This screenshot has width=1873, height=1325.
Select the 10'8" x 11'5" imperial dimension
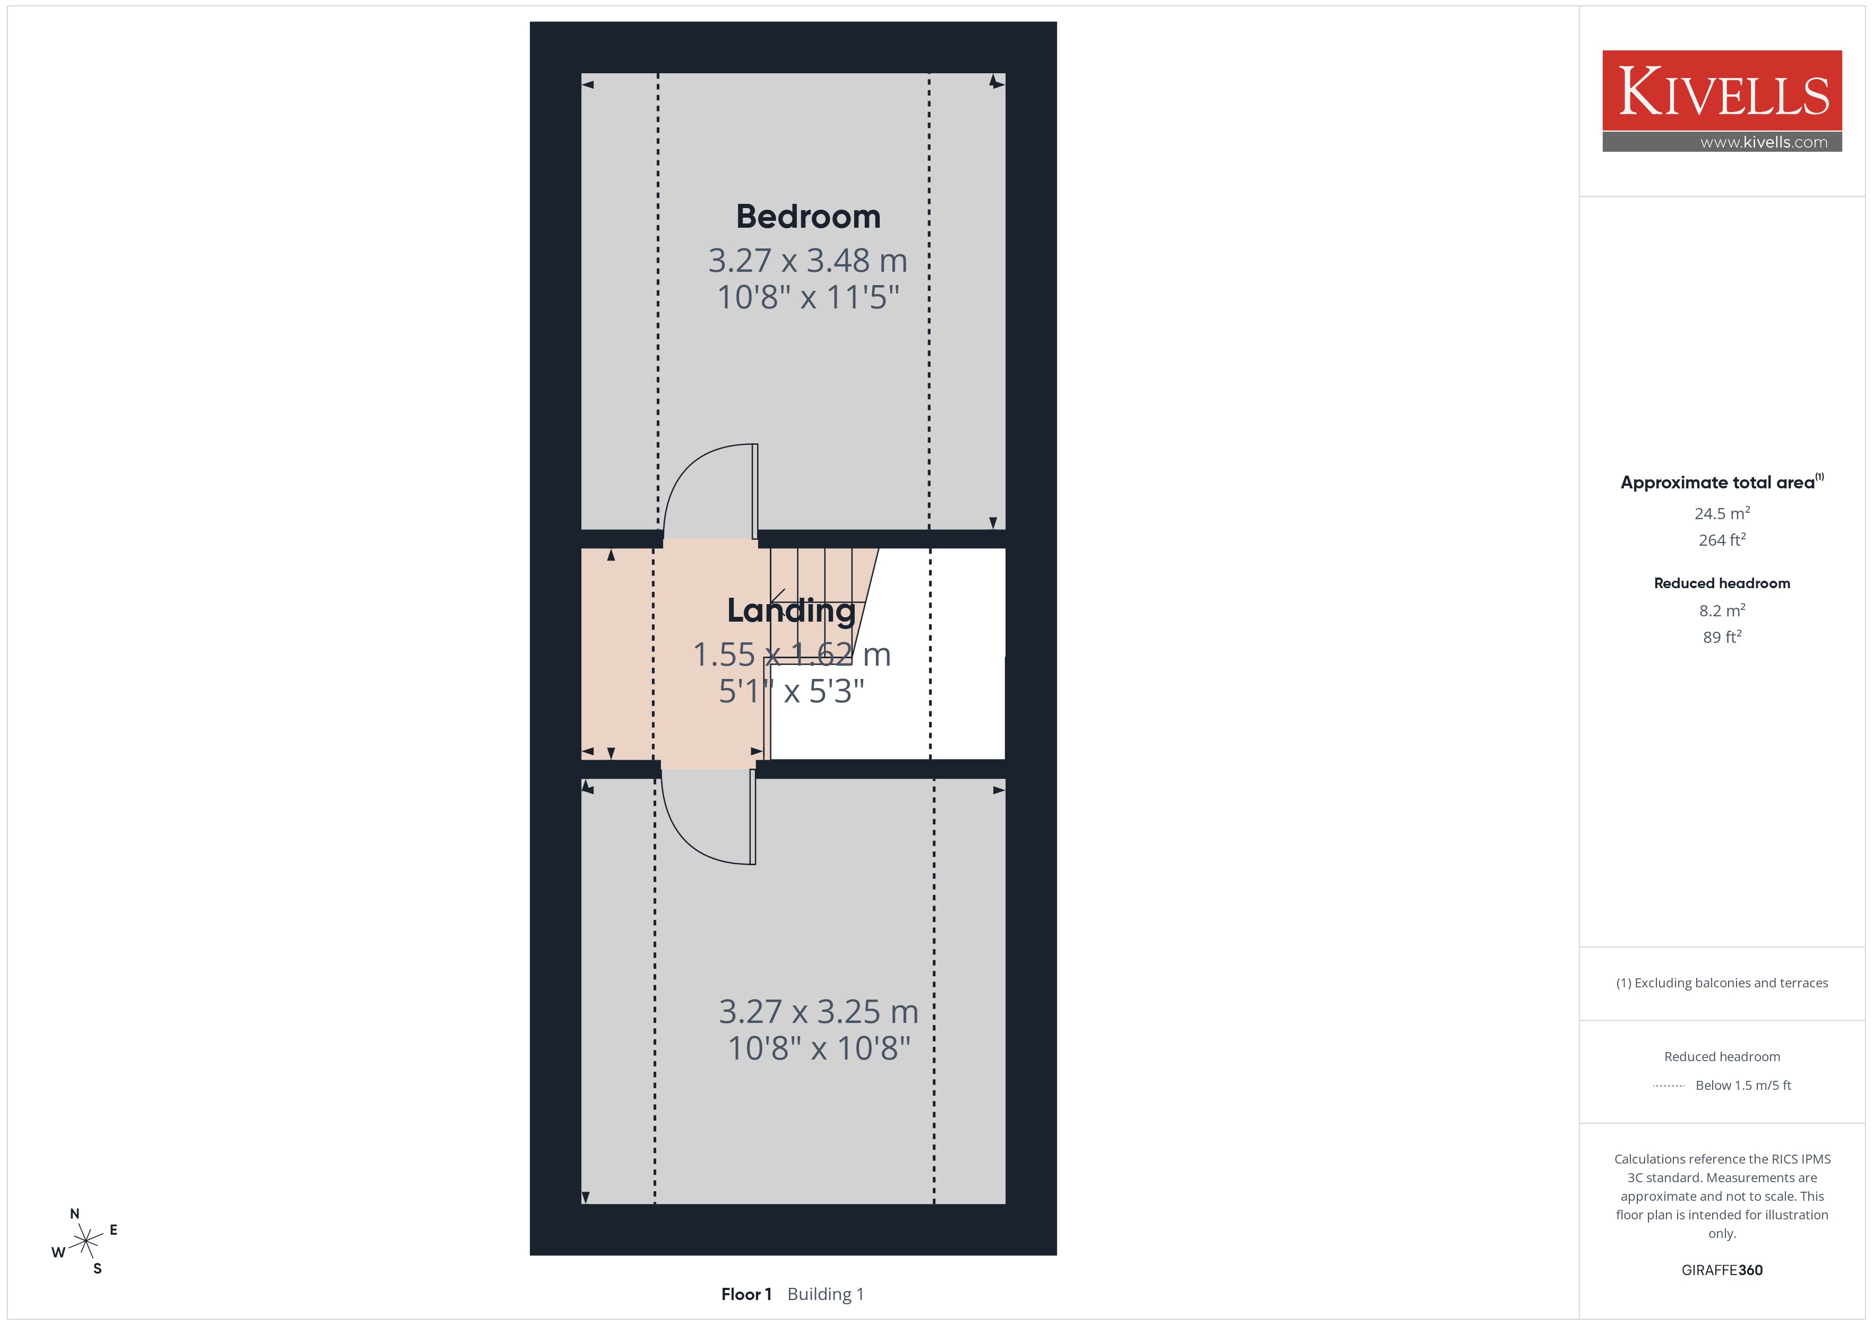point(807,297)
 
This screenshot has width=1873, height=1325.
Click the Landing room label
point(791,611)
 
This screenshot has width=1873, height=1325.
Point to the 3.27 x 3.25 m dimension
point(818,1012)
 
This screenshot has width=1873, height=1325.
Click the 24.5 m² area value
point(1722,513)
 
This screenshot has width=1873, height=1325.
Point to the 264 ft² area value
point(1722,540)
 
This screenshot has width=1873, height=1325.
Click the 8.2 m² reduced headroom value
point(1722,610)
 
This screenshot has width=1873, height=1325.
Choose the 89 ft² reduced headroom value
point(1722,637)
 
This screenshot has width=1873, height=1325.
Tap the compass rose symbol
point(85,1242)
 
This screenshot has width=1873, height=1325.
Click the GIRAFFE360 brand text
point(1722,1270)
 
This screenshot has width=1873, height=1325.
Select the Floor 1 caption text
point(745,1294)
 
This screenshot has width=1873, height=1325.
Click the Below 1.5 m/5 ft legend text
point(1743,1085)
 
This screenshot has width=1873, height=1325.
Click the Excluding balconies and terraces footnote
point(1722,983)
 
